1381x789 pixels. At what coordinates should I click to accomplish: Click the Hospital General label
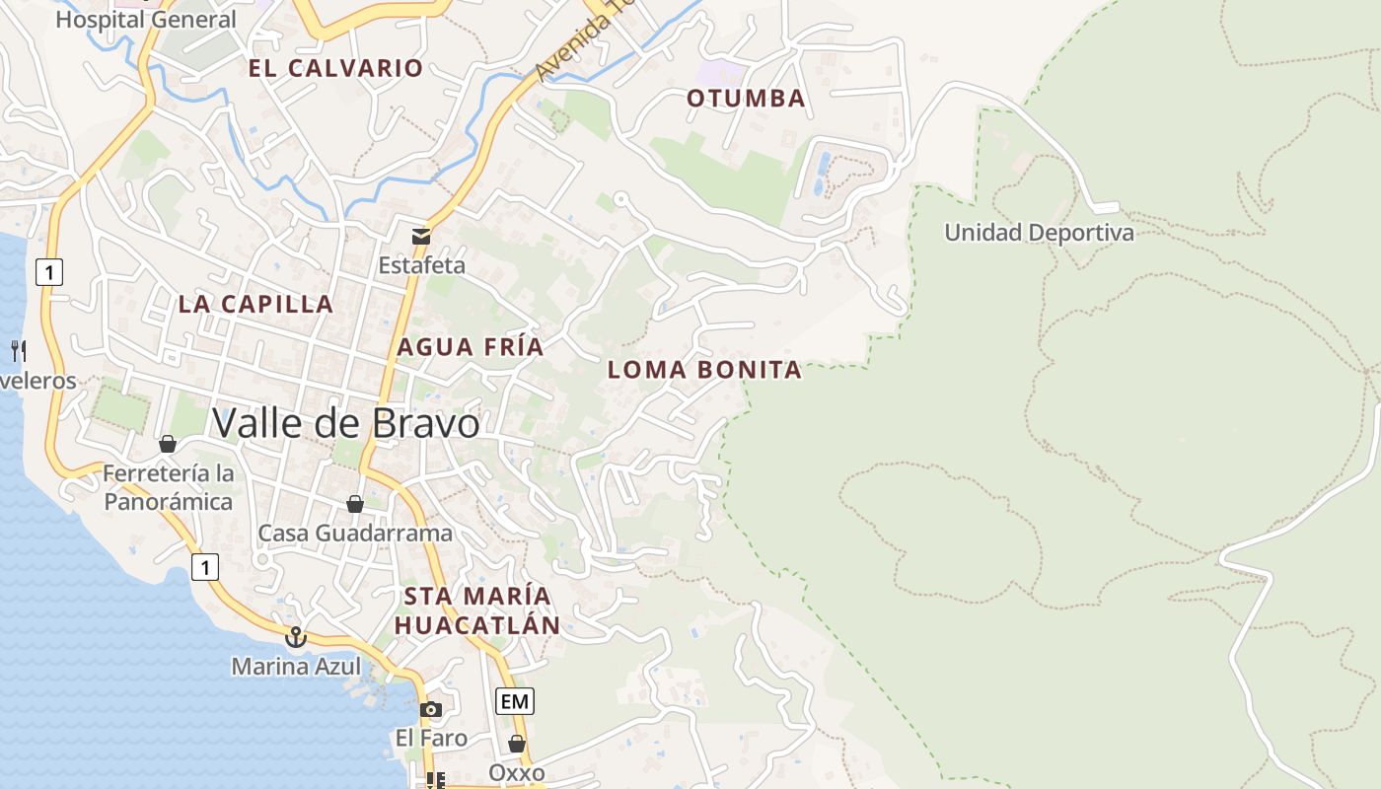click(x=146, y=19)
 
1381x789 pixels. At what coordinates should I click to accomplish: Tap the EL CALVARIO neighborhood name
click(x=335, y=68)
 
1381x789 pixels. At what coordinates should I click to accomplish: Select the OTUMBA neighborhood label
click(x=746, y=99)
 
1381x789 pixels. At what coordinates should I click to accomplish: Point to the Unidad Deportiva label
click(x=1039, y=233)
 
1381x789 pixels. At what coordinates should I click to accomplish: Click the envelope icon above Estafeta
click(x=421, y=236)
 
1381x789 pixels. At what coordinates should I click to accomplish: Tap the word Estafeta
click(x=421, y=265)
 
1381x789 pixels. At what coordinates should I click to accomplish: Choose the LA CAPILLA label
click(x=255, y=304)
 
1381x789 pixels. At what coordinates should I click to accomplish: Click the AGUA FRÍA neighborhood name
click(x=471, y=347)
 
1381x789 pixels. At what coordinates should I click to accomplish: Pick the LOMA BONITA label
click(x=704, y=370)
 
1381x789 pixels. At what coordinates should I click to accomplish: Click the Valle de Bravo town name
click(x=345, y=423)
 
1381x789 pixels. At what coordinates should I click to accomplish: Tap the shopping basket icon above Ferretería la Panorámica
click(x=168, y=444)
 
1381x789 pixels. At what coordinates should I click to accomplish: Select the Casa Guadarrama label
click(x=355, y=534)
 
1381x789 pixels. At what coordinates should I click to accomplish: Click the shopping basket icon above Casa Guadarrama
click(x=355, y=504)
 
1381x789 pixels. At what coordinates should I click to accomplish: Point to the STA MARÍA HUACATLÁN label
click(x=477, y=610)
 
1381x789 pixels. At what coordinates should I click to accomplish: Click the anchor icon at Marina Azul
click(x=295, y=637)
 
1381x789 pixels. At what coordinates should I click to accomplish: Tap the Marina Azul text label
click(x=296, y=667)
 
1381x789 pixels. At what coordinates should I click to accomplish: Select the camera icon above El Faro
click(x=430, y=709)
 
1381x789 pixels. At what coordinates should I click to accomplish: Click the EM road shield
click(x=514, y=701)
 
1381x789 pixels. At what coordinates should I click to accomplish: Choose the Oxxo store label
click(x=516, y=772)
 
